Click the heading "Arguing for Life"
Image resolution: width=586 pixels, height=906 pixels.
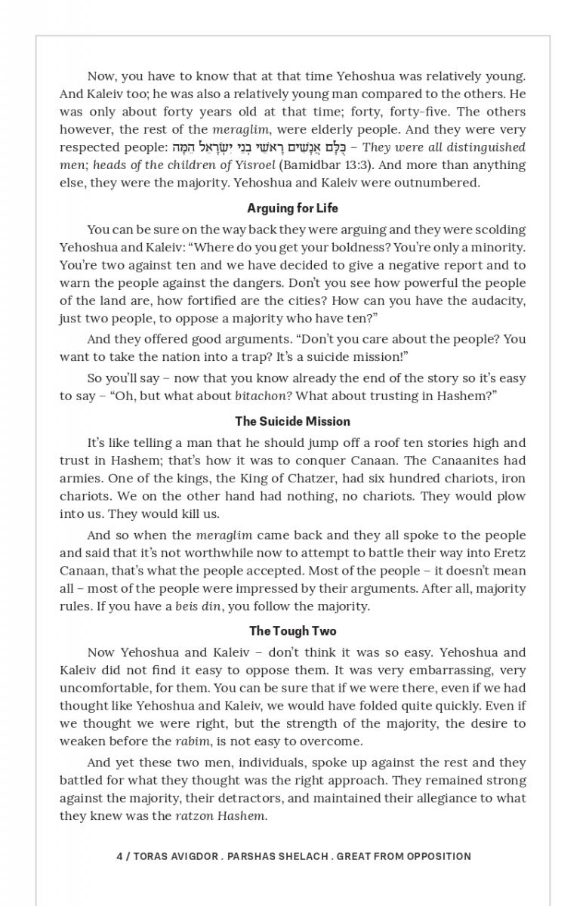(292, 208)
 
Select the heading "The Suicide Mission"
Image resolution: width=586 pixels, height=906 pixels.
(292, 421)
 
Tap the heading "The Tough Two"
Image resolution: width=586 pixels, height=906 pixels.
(293, 630)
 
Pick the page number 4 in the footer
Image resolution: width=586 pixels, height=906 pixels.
(120, 856)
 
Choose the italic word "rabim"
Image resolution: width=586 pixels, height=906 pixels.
(193, 741)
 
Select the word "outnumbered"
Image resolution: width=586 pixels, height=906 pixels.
(442, 183)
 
